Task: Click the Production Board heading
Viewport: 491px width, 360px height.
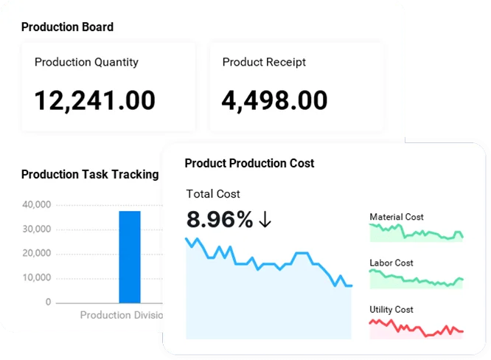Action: tap(67, 27)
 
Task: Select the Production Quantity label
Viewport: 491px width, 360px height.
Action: tap(86, 62)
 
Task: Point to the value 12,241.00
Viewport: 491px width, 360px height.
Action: tap(95, 100)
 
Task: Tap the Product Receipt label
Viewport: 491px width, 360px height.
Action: tap(264, 62)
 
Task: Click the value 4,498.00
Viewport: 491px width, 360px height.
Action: tap(275, 100)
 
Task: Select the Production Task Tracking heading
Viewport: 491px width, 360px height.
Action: tap(90, 174)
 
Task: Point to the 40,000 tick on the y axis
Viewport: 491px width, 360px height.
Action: tap(37, 204)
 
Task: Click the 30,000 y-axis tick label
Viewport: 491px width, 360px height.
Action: tap(37, 229)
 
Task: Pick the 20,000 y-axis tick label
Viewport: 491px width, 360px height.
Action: tap(37, 253)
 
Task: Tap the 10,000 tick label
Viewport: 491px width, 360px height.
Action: tap(37, 277)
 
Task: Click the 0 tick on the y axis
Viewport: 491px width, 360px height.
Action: tap(48, 302)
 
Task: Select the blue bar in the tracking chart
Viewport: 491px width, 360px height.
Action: tap(130, 257)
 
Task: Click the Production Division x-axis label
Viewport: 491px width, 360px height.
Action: tap(122, 315)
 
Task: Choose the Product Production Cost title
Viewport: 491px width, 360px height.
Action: tap(249, 163)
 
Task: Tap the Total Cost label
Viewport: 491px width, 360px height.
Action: tap(213, 194)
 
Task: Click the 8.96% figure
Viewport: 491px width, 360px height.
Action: tap(220, 219)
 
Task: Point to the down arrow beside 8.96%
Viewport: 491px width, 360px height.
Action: tap(265, 219)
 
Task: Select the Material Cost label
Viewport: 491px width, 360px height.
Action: tap(397, 217)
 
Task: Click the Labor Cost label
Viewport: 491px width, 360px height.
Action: tap(391, 263)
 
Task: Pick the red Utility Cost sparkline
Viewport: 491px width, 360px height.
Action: tap(417, 328)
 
